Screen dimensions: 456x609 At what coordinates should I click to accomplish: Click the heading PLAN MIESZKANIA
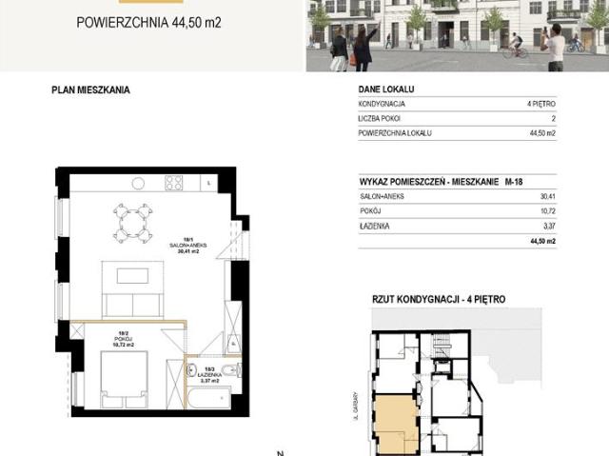pos(90,90)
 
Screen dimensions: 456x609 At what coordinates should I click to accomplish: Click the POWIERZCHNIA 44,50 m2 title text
pos(148,20)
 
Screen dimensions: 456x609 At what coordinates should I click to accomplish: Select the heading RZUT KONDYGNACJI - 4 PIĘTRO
pos(439,299)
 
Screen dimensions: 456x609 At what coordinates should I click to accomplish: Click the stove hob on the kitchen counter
pos(173,182)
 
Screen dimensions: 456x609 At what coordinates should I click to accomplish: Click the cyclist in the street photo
pos(515,44)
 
